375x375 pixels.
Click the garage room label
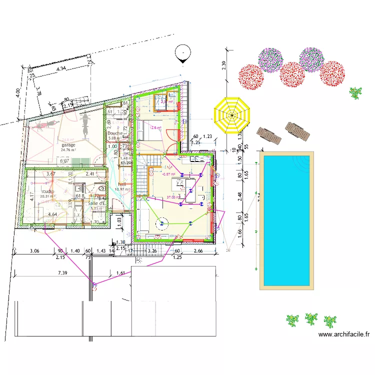(68, 145)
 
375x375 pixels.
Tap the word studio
(47, 191)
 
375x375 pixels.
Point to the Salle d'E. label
(96, 203)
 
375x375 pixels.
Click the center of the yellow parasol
(232, 115)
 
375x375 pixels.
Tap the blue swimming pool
(287, 220)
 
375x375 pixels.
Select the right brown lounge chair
(296, 131)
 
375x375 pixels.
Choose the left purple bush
(271, 60)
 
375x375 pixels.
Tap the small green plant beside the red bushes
(355, 92)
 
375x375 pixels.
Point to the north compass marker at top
(183, 53)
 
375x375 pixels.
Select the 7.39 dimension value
(62, 272)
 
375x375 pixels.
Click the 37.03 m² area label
(174, 197)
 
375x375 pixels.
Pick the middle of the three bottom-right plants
(311, 318)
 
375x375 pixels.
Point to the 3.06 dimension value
(34, 250)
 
